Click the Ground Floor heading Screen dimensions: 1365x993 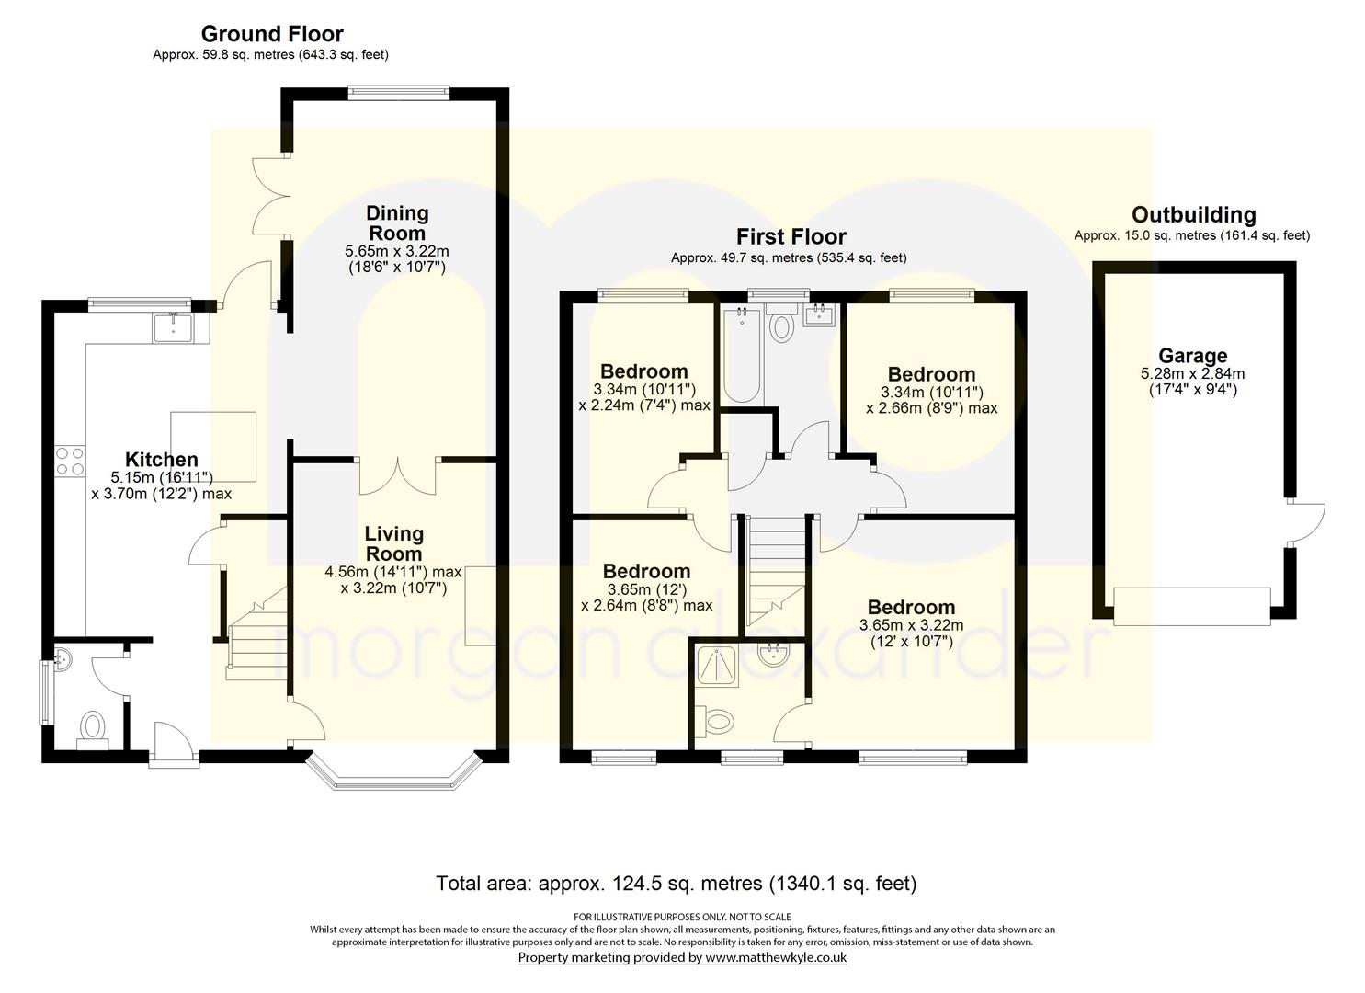pos(272,33)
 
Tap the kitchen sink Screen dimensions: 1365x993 pos(174,327)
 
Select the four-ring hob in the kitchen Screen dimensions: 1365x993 pos(70,462)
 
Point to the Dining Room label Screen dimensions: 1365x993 pos(397,223)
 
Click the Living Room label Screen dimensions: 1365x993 pos(393,543)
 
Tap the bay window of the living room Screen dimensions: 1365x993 pos(393,774)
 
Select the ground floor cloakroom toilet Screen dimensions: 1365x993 pos(93,730)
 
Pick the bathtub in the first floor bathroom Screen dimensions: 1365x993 pos(742,356)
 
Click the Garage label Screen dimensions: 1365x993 pos(1192,356)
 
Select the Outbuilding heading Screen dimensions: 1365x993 pos(1194,214)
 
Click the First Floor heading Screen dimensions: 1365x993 pos(791,236)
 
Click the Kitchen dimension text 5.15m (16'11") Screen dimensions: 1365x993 pos(162,477)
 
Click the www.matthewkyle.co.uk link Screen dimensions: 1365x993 pos(776,958)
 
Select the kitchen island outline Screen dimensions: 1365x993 pos(212,446)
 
